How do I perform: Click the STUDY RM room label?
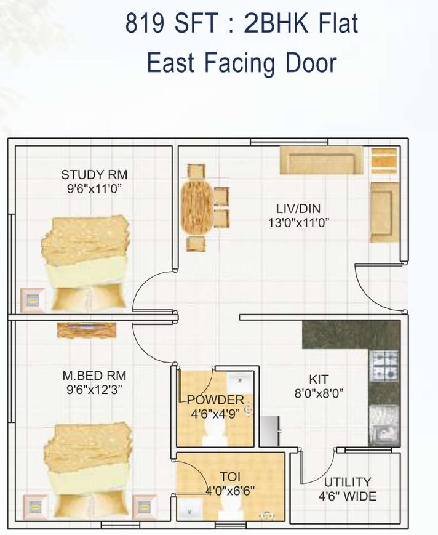coord(94,174)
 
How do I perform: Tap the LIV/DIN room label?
coord(298,209)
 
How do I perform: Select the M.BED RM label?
coord(94,375)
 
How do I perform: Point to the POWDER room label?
coord(215,400)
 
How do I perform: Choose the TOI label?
coord(229,477)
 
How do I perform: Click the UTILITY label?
coord(348,482)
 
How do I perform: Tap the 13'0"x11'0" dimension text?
coord(298,223)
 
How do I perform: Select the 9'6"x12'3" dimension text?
coord(94,389)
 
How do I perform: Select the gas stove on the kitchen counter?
coord(384,364)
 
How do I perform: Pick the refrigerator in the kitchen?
coord(270,430)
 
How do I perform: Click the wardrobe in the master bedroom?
coord(89,329)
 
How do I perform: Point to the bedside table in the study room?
coord(32,300)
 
